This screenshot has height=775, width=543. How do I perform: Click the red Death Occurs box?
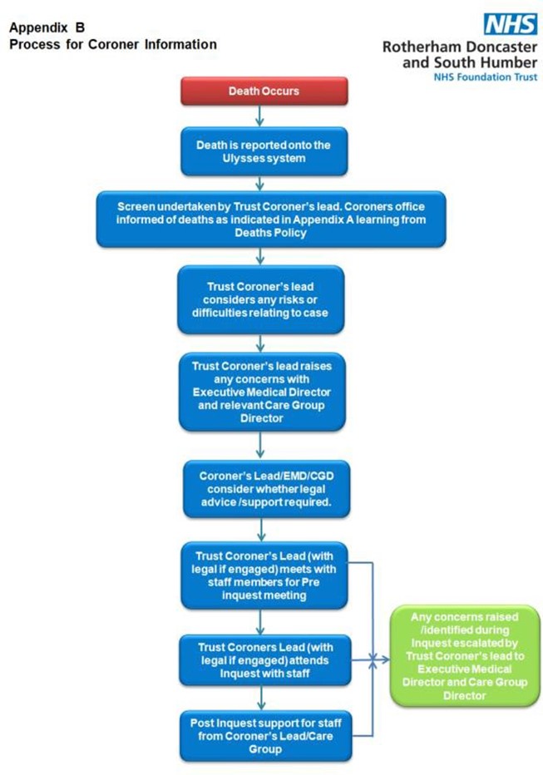pyautogui.click(x=264, y=91)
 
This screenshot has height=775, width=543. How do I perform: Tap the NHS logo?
pyautogui.click(x=511, y=24)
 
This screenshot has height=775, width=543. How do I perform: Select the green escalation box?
pyautogui.click(x=465, y=656)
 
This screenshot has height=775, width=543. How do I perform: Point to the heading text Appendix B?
pyautogui.click(x=47, y=27)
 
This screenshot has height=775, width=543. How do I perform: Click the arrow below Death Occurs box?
pyautogui.click(x=259, y=116)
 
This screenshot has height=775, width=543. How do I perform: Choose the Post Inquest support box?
pyautogui.click(x=266, y=736)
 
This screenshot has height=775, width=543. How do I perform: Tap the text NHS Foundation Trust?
pyautogui.click(x=485, y=77)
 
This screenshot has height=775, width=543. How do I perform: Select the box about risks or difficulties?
pyautogui.click(x=260, y=299)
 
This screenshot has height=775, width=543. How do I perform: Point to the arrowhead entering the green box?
pyautogui.click(x=385, y=659)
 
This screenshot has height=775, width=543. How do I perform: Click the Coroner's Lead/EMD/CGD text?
pyautogui.click(x=266, y=476)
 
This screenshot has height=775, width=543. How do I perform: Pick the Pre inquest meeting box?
pyautogui.click(x=264, y=575)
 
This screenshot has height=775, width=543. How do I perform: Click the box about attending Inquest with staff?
pyautogui.click(x=264, y=660)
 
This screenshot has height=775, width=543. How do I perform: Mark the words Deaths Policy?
pyautogui.click(x=270, y=233)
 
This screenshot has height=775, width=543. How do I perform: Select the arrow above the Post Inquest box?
pyautogui.click(x=261, y=698)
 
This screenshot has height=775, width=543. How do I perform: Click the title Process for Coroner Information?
pyautogui.click(x=113, y=44)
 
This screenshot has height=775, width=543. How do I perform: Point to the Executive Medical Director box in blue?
pyautogui.click(x=262, y=392)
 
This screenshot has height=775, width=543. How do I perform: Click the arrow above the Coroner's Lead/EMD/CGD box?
pyautogui.click(x=260, y=446)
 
